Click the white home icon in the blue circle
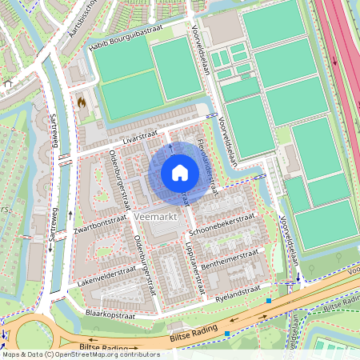180,172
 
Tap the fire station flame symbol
81,102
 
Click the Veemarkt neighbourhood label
156,217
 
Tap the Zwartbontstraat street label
88,228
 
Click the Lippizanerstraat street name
197,264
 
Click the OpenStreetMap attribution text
81,354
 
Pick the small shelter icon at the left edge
7,83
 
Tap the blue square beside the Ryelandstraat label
270,301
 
